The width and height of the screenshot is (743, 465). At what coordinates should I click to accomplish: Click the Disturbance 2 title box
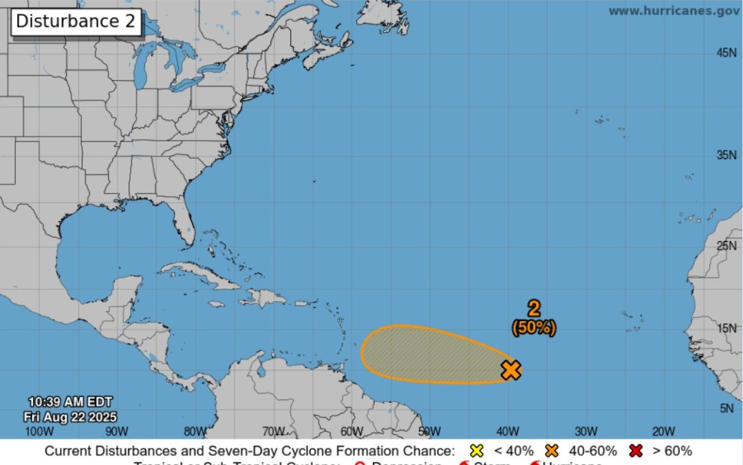click(76, 21)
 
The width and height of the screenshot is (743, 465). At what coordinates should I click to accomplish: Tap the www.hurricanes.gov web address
click(674, 10)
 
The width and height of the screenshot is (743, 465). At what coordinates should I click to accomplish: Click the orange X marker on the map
click(510, 370)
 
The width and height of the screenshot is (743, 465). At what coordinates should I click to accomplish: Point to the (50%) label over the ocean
click(534, 328)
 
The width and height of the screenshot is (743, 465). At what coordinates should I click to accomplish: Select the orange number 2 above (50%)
click(534, 309)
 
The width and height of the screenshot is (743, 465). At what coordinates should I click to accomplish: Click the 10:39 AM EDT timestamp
click(69, 402)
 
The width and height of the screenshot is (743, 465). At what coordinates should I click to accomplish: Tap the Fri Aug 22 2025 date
click(69, 417)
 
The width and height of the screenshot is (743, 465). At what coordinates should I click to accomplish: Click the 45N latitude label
click(726, 53)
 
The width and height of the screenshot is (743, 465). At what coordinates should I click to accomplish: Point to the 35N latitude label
click(726, 155)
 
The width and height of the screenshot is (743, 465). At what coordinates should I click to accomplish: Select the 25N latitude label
click(726, 245)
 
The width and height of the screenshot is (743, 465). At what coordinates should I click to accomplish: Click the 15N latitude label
click(726, 328)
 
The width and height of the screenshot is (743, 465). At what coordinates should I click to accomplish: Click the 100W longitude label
click(39, 432)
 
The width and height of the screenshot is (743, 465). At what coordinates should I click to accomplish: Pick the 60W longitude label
click(352, 432)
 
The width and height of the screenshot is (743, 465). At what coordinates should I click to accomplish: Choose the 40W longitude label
click(508, 432)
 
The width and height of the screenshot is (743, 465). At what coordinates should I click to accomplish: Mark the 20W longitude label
click(663, 432)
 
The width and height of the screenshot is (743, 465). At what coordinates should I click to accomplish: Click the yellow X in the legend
click(475, 451)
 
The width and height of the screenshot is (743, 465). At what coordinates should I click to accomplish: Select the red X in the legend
click(636, 451)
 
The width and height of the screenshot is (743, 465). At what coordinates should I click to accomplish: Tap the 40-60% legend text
click(592, 451)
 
